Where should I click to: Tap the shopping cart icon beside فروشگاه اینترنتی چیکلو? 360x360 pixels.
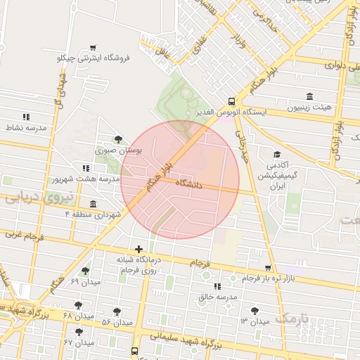pyautogui.click(x=93, y=48)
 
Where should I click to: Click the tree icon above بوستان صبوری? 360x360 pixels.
pyautogui.click(x=117, y=139)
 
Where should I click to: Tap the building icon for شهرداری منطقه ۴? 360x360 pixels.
pyautogui.click(x=93, y=203)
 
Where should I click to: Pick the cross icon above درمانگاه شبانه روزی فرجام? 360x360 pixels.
pyautogui.click(x=139, y=249)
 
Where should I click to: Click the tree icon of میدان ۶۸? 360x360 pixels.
pyautogui.click(x=77, y=304)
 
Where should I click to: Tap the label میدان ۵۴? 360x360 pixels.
pyautogui.click(x=117, y=321)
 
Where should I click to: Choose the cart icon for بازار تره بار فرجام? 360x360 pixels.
pyautogui.click(x=268, y=268)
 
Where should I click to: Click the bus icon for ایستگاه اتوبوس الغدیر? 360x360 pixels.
pyautogui.click(x=231, y=101)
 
